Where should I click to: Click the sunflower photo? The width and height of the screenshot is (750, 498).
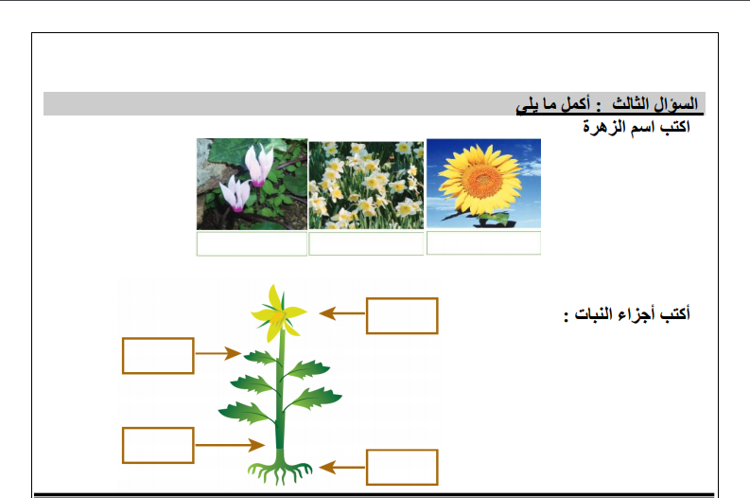483,184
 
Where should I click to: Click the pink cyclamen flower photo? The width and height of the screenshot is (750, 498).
252,185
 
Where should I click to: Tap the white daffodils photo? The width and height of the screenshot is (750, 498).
366,186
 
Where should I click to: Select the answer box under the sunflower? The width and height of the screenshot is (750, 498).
483,242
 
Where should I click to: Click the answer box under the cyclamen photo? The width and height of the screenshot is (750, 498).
252,243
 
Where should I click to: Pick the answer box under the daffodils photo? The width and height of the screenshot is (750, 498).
366,243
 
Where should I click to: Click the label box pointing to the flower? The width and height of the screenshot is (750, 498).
402,315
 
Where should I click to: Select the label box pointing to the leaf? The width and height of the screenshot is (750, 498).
158,356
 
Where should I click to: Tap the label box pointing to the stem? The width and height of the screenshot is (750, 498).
158,445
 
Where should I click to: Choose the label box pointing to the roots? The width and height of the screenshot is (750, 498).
402,468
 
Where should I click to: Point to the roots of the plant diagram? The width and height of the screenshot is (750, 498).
280,472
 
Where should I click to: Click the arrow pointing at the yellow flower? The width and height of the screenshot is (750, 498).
342,313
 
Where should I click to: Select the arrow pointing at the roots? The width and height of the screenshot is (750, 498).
342,468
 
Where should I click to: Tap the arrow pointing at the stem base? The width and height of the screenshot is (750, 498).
230,445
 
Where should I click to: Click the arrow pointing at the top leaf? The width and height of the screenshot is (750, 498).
218,353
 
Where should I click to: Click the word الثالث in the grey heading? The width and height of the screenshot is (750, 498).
630,103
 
